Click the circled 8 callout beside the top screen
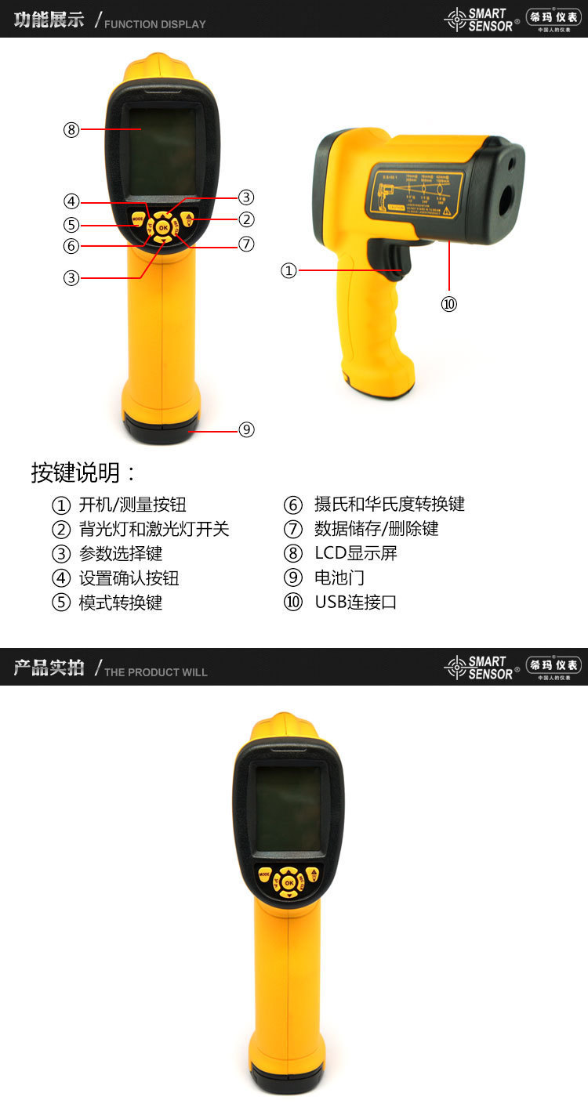72,130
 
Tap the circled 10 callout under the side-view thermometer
448,304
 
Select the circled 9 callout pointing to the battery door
247,429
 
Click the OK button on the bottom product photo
289,883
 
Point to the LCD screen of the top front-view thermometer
163,150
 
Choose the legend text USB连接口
356,602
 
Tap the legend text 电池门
339,577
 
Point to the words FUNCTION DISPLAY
155,24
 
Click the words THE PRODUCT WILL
156,672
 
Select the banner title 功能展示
49,20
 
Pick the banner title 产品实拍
49,668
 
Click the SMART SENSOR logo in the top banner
480,20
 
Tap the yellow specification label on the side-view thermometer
416,193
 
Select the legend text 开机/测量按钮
132,505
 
